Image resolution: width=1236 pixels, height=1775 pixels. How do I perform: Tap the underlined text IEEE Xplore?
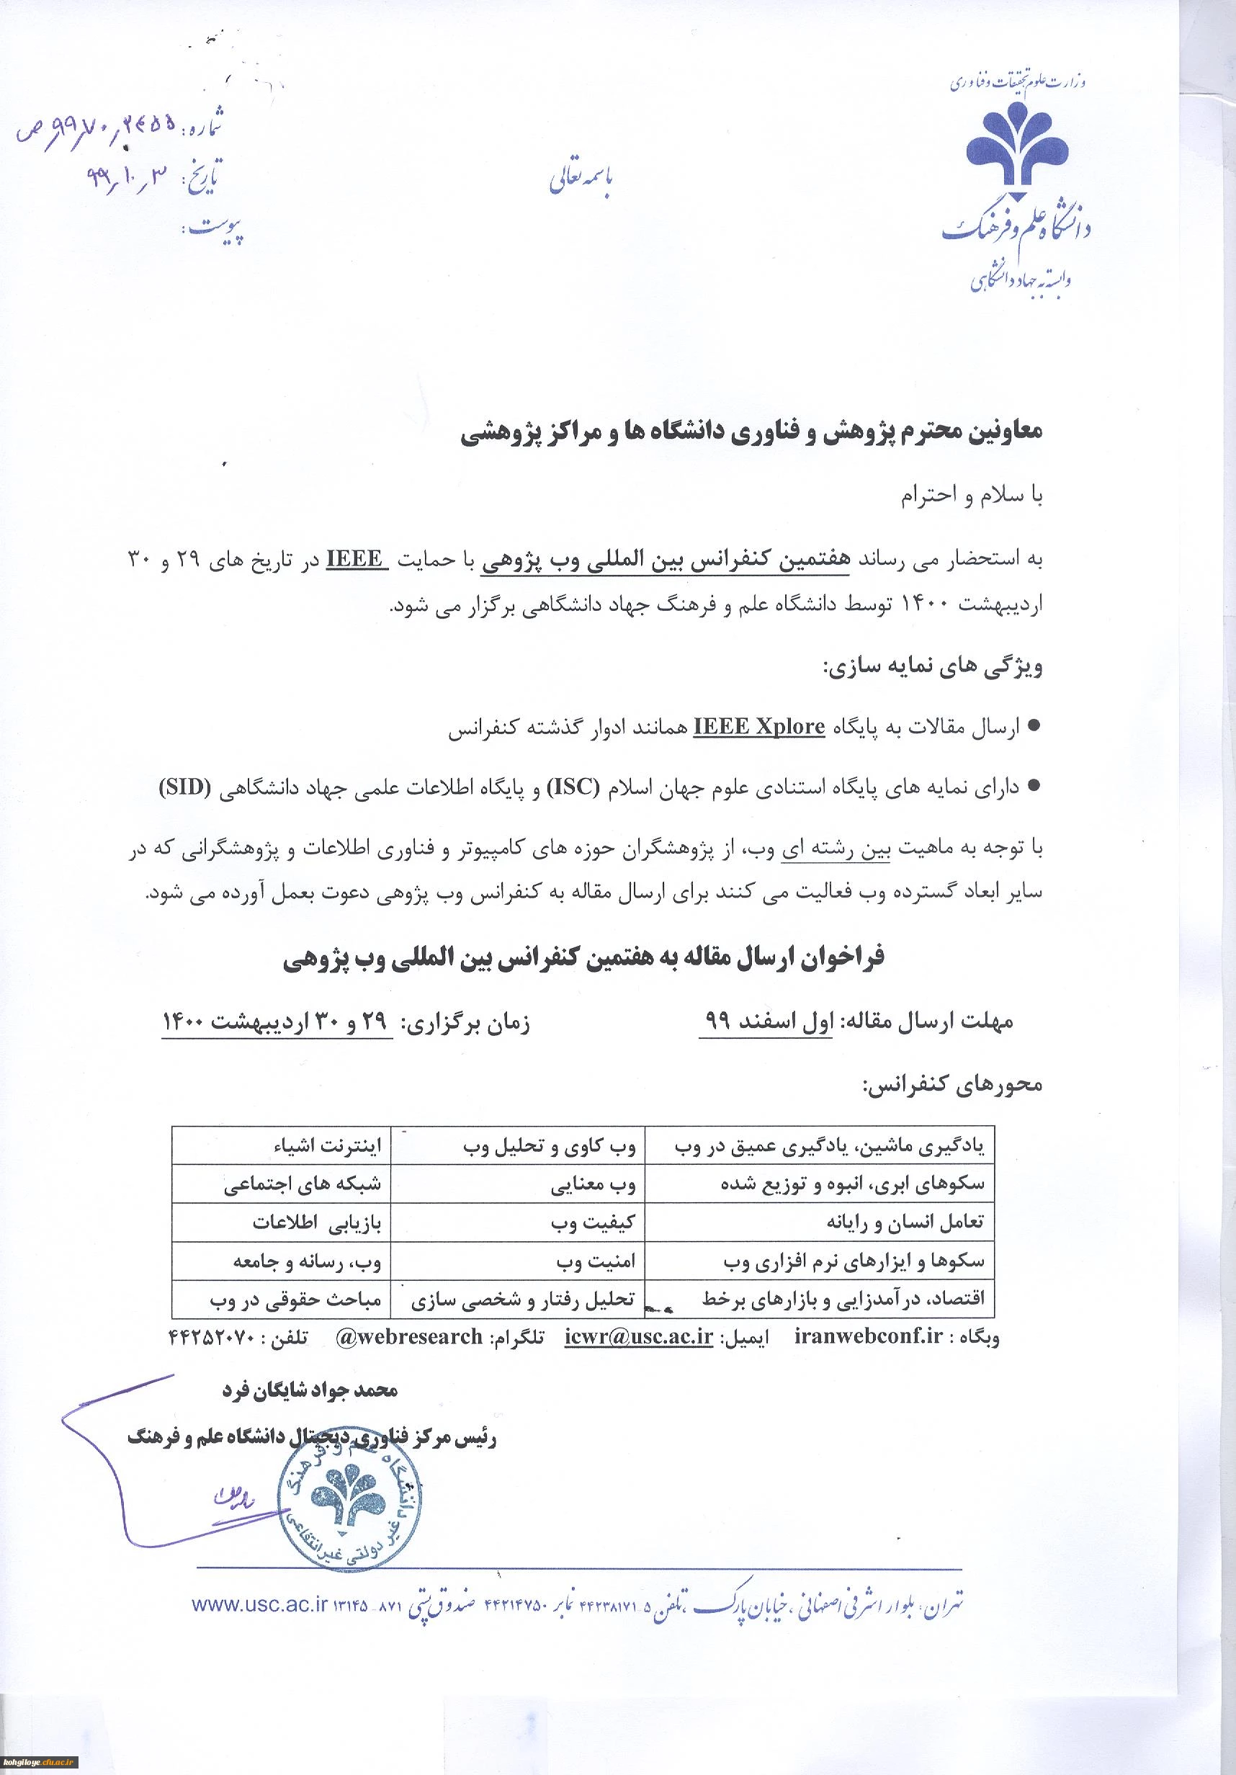(x=759, y=727)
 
